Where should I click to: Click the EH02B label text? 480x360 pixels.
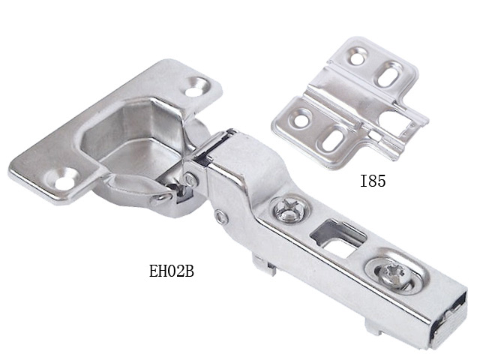[172, 271]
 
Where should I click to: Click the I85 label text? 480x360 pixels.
[373, 181]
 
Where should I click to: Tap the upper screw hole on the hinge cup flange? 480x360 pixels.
[194, 91]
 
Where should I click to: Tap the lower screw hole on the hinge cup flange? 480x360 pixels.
[65, 184]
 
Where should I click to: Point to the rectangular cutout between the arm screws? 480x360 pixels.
[338, 236]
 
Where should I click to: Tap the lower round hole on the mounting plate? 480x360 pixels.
[302, 121]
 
